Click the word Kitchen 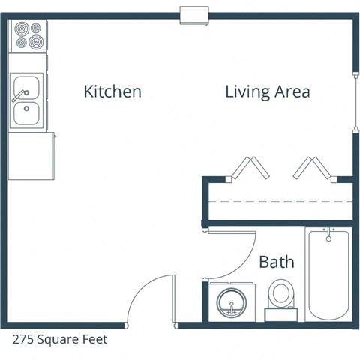tap(112, 91)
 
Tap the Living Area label tap(268, 91)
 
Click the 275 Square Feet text tap(60, 340)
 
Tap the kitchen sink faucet tap(22, 96)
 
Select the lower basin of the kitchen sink tap(27, 112)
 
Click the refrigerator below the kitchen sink tap(31, 156)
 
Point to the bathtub tap(328, 277)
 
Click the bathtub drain tap(328, 240)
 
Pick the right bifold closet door tap(313, 169)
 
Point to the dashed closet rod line tap(277, 203)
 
